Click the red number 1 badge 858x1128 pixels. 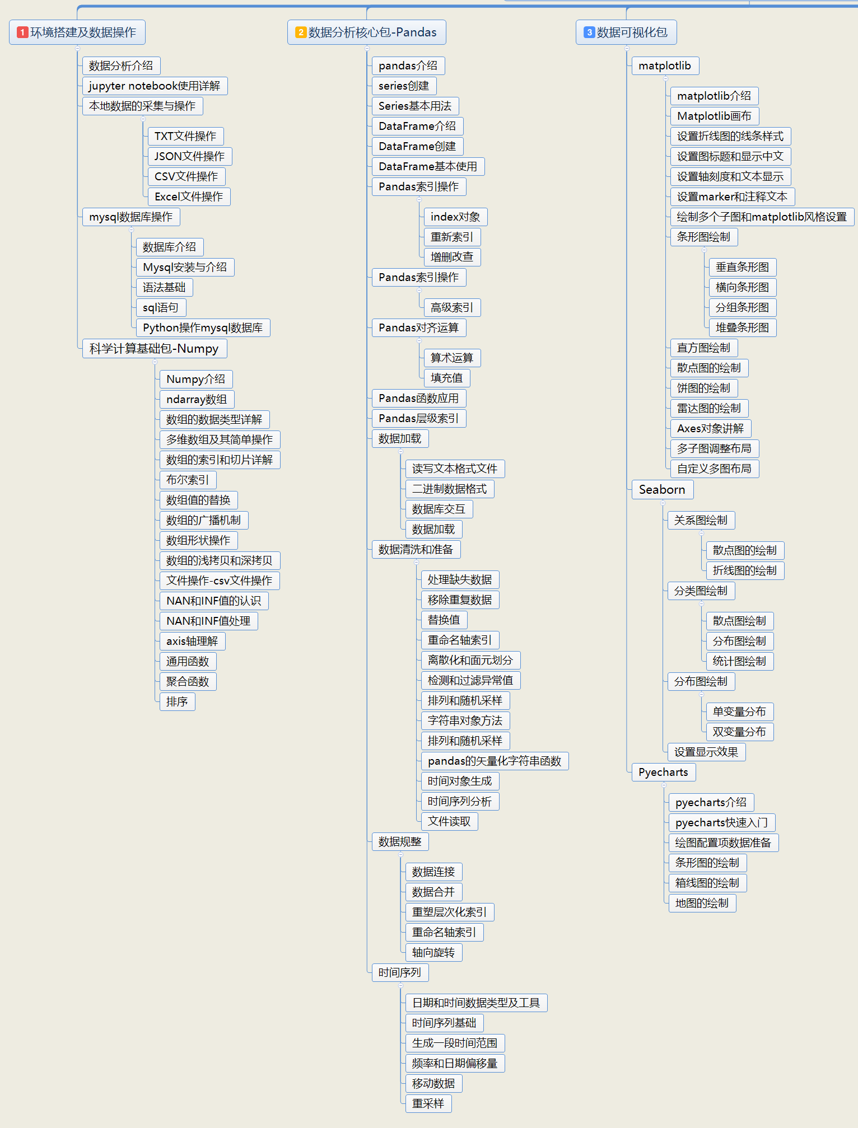(22, 32)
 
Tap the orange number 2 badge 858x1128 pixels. (301, 32)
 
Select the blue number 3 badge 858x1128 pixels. (589, 32)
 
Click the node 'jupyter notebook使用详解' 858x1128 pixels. (155, 86)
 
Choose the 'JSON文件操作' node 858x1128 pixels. (189, 156)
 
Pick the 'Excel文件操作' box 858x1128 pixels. (189, 196)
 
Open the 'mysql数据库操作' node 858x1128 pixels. (130, 217)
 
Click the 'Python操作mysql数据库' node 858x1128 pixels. (203, 327)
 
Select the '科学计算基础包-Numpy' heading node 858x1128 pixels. (154, 348)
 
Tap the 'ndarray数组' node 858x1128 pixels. (197, 399)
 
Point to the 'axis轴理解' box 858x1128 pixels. (192, 641)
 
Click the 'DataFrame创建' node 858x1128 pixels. (417, 146)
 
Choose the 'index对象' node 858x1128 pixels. (455, 217)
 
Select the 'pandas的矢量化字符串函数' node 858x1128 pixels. (495, 761)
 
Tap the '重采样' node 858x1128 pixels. (428, 1103)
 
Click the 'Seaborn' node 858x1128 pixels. (662, 489)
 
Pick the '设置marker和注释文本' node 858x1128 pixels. (732, 196)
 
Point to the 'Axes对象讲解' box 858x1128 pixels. (710, 428)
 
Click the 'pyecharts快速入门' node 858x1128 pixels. (721, 822)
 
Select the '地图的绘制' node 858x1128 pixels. (702, 903)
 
